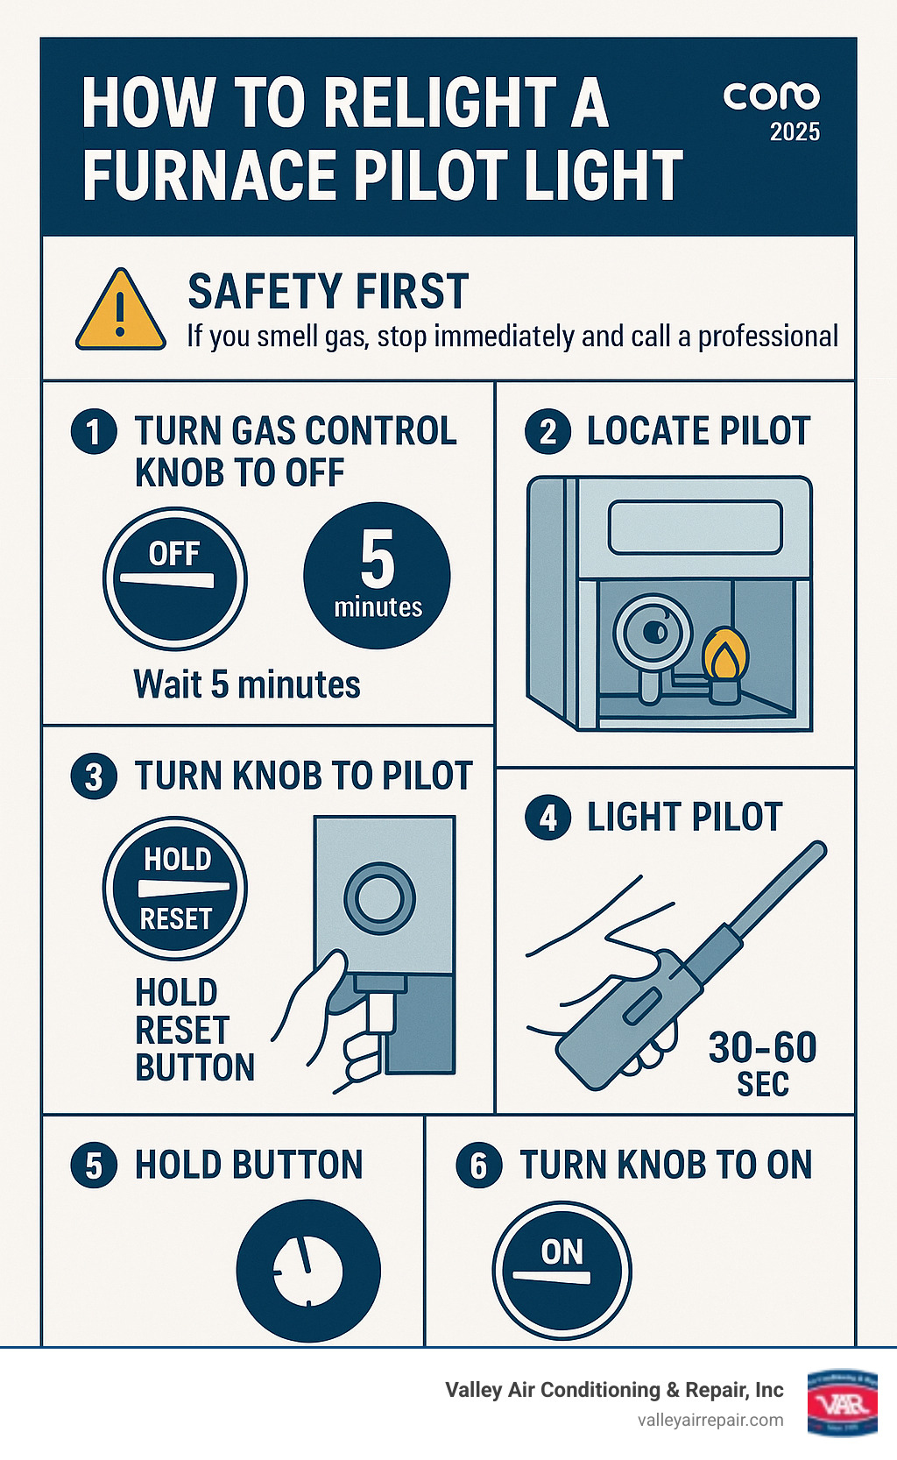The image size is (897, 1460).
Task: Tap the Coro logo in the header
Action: click(771, 96)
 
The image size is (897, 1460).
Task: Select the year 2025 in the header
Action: click(795, 132)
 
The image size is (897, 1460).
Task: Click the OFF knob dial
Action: click(175, 578)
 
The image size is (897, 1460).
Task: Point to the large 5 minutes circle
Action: click(377, 575)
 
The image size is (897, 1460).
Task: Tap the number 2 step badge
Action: click(547, 431)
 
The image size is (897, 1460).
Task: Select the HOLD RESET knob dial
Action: click(175, 888)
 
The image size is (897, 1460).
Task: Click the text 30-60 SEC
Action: click(762, 1063)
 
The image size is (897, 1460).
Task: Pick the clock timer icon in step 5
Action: click(308, 1270)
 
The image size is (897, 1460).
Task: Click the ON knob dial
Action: click(562, 1270)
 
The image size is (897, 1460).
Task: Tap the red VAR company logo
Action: click(842, 1402)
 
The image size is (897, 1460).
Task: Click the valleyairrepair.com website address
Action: click(710, 1420)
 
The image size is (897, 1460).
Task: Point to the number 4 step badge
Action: click(547, 818)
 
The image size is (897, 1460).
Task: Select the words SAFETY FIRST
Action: click(328, 292)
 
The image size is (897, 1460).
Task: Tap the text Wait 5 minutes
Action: click(247, 684)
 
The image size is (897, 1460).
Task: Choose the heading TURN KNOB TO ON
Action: click(666, 1166)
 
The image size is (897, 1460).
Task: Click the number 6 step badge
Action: click(479, 1166)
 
